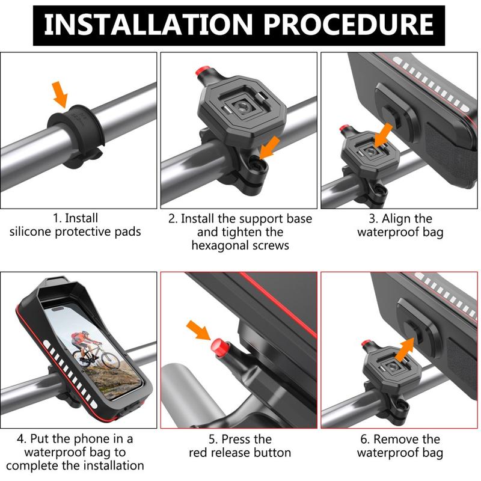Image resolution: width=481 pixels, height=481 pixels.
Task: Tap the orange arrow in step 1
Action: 60,93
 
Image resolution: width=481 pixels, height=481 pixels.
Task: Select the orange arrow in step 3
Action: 384,132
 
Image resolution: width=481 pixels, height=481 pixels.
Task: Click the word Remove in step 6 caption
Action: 398,439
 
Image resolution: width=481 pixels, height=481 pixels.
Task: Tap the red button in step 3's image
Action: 343,128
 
